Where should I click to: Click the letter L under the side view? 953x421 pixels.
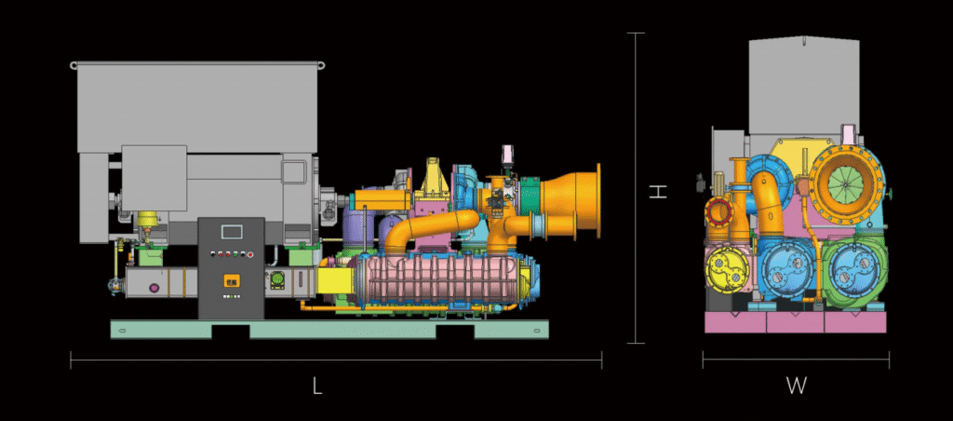coord(316,386)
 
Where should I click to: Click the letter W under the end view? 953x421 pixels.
coord(797,386)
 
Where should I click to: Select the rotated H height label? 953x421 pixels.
coord(658,192)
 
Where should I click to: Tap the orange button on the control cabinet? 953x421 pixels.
coord(232,280)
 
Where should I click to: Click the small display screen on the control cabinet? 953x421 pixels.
coord(232,231)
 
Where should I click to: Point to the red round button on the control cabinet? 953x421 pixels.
coord(249,255)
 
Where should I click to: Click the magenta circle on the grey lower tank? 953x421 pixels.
coord(154,288)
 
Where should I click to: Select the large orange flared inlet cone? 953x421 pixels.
coord(570,201)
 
